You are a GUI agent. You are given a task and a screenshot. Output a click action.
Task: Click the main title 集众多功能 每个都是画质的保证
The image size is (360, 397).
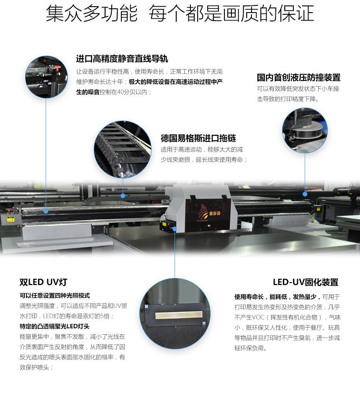[x=180, y=13]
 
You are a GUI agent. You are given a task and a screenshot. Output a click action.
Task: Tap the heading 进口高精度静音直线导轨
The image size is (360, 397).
[x=122, y=59]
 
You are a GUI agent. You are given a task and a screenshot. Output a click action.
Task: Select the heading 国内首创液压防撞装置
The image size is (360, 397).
[x=298, y=77]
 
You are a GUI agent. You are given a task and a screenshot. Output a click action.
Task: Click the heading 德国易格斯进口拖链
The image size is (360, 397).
[x=198, y=138]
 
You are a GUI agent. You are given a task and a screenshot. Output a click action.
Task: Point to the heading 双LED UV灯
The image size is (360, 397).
[x=43, y=282]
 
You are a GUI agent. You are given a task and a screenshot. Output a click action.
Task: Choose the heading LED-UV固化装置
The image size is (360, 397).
[x=306, y=282]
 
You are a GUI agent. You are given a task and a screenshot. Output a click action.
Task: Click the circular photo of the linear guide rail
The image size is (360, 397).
[x=46, y=77]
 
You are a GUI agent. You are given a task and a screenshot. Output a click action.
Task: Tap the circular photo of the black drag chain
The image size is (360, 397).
[x=123, y=149]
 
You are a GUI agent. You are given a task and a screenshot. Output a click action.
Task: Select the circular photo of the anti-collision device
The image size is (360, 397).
[x=305, y=130]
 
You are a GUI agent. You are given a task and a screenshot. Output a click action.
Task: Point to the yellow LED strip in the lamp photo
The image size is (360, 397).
[x=179, y=315]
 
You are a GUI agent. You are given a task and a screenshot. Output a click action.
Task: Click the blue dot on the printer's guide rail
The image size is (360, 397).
[x=46, y=211]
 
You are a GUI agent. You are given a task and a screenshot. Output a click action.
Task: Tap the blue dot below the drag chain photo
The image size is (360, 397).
[x=123, y=196]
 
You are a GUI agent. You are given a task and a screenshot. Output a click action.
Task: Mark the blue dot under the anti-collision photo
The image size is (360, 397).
[x=305, y=194]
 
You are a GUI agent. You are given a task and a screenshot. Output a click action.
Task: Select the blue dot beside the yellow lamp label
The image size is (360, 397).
[x=175, y=229]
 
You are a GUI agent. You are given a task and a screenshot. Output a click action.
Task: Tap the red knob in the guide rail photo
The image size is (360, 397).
[x=58, y=68]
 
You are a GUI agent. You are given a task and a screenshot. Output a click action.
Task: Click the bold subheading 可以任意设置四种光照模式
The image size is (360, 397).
[x=55, y=296]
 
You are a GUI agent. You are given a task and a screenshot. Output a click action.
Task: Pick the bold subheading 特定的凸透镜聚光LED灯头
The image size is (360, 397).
[x=54, y=326]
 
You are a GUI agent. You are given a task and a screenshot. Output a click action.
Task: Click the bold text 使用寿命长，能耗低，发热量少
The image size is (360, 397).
[x=277, y=297]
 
